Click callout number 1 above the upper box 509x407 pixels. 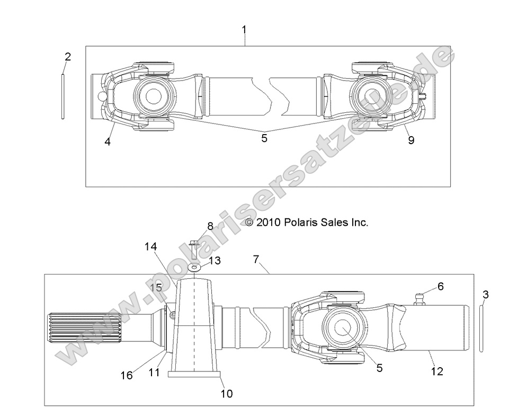[x=244, y=30]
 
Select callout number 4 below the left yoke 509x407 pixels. [x=108, y=142]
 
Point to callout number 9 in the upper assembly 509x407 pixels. [x=411, y=140]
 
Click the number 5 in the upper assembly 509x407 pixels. [x=264, y=138]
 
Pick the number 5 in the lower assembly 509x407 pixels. [x=379, y=368]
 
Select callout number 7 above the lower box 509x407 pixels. [x=256, y=259]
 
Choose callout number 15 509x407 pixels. [x=155, y=288]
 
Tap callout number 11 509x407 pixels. [x=154, y=373]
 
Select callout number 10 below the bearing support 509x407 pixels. [x=226, y=394]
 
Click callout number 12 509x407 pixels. [x=437, y=371]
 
